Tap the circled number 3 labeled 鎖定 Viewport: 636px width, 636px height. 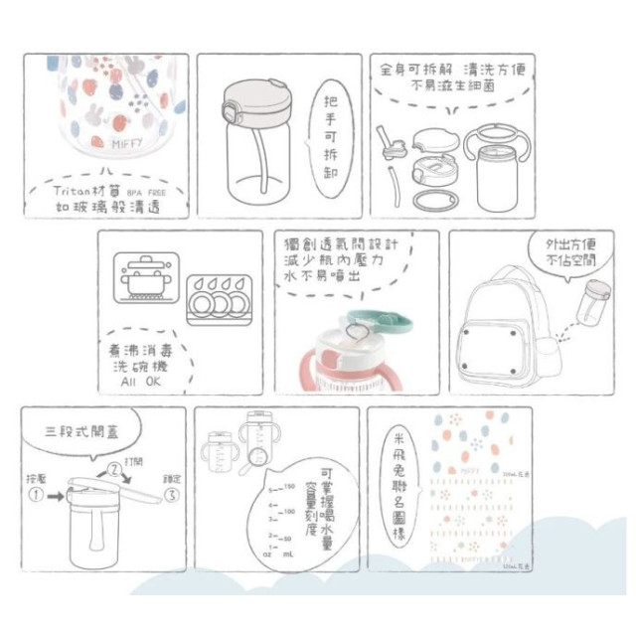[x=171, y=493]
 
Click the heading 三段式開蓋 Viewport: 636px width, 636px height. [x=86, y=433]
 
